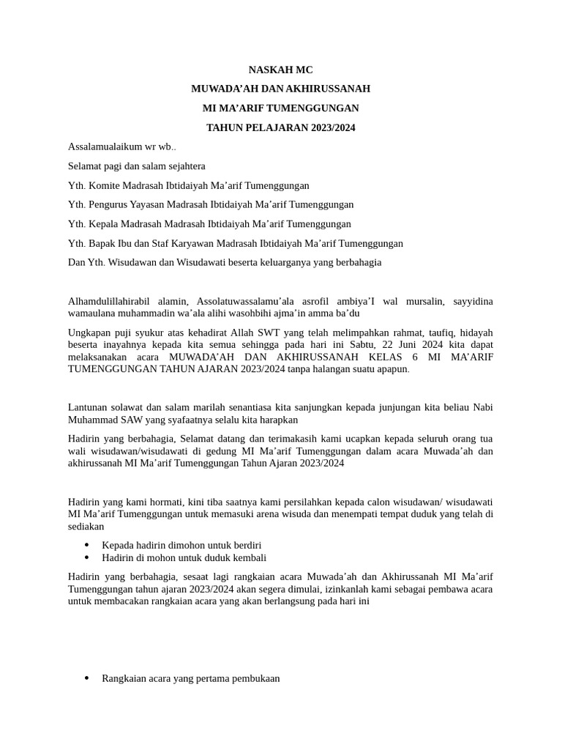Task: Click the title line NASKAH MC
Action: [x=280, y=70]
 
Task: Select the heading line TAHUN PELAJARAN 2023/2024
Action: [x=280, y=127]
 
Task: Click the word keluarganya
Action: [x=282, y=262]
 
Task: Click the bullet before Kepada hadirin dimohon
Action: [x=87, y=545]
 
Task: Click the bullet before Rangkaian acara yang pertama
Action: [x=87, y=678]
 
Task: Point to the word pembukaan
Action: [x=256, y=678]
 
